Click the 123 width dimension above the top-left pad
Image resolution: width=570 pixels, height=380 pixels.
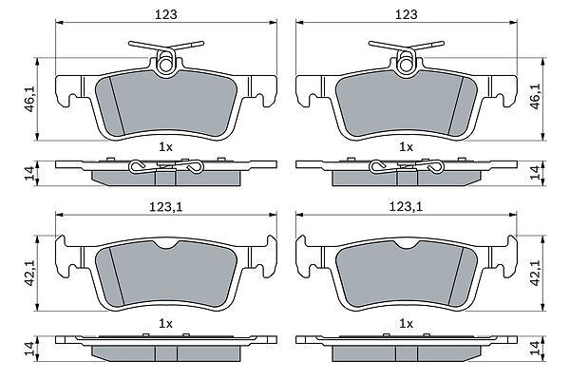[x=166, y=14]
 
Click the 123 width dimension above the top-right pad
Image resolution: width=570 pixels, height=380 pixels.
[x=407, y=14]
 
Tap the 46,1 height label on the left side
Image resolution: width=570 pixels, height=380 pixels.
[x=29, y=98]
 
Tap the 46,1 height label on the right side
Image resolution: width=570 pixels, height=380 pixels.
[x=536, y=96]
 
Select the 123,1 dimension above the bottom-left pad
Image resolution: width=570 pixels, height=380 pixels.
[x=165, y=207]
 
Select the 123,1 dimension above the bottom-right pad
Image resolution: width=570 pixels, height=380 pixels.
[x=406, y=207]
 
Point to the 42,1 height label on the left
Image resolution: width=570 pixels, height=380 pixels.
[x=29, y=273]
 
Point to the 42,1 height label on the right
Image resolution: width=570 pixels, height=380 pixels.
[x=536, y=273]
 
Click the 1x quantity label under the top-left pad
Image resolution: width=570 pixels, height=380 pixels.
[x=165, y=147]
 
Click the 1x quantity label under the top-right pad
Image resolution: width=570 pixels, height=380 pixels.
[x=406, y=147]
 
